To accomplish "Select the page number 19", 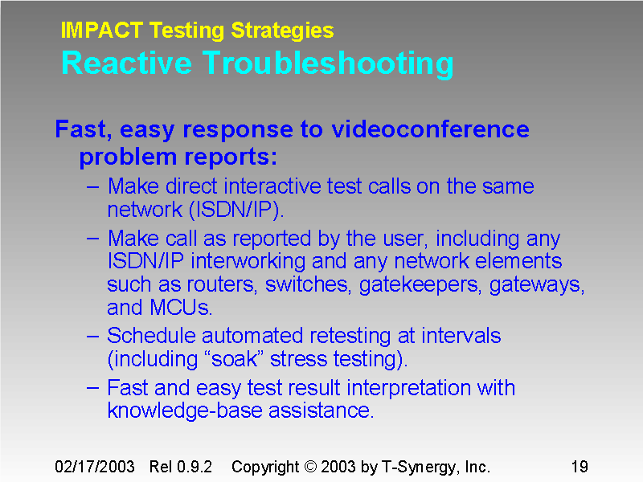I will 580,467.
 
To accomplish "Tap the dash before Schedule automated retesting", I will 92,335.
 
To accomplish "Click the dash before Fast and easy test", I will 92,388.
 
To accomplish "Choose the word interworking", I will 237,261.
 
